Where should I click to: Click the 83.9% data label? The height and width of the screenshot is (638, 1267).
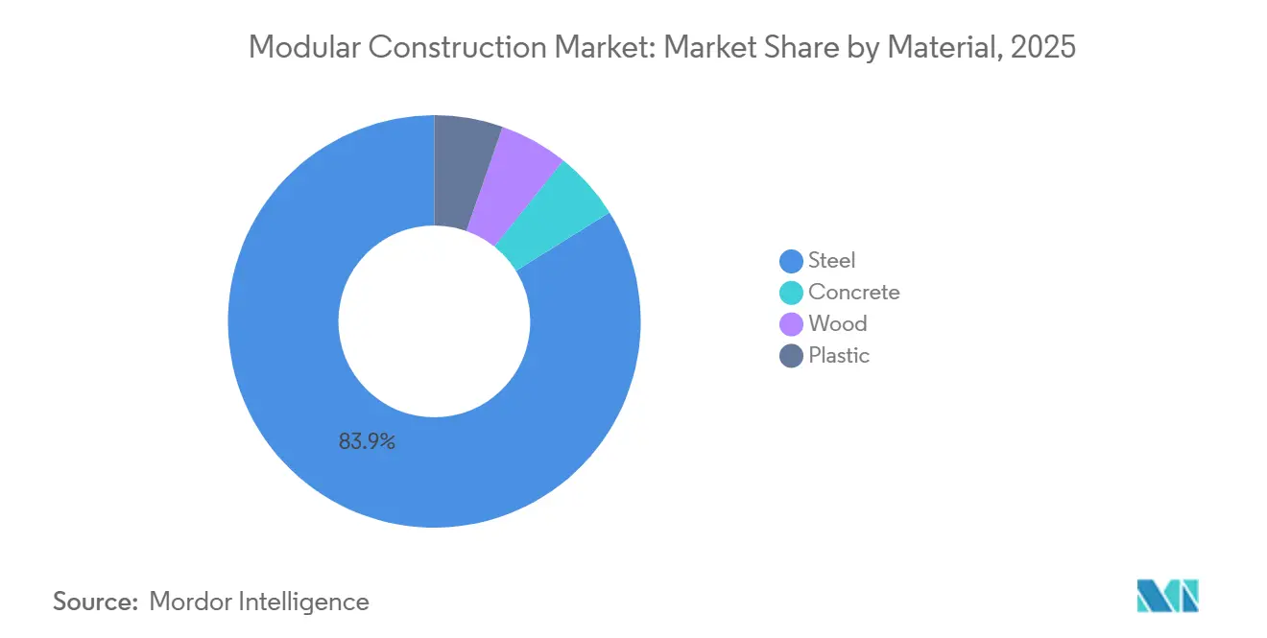pos(367,442)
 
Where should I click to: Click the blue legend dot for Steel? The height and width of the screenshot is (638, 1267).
pos(791,261)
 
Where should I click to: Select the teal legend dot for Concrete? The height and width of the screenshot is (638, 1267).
pos(791,293)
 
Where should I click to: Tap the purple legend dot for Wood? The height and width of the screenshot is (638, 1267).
pos(791,324)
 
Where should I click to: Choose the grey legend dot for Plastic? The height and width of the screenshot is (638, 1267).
pos(791,356)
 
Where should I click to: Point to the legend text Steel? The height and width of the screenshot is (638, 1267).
pos(831,261)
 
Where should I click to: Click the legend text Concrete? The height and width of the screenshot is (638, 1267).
pos(854,293)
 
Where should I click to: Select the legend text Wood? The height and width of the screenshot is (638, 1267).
pos(838,324)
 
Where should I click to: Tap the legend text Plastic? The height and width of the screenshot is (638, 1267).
pos(839,356)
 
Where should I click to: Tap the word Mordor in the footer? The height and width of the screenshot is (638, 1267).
pos(190,602)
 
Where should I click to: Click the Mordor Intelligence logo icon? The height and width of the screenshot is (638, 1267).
pos(1167,596)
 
